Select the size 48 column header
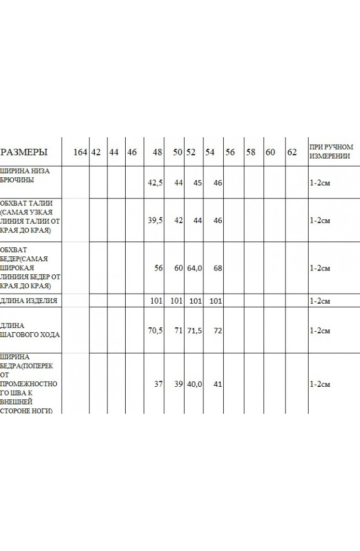click(x=158, y=152)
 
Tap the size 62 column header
click(x=292, y=152)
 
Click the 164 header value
click(x=80, y=152)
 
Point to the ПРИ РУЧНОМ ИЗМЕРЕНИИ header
click(x=331, y=152)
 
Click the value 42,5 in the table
click(x=156, y=182)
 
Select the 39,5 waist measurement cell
click(x=156, y=220)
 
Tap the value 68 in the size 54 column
click(x=217, y=268)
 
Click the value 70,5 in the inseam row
click(x=156, y=331)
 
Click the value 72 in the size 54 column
click(x=217, y=331)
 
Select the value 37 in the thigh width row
click(x=158, y=384)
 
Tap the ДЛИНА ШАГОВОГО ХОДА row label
click(x=30, y=329)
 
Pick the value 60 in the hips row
click(x=178, y=268)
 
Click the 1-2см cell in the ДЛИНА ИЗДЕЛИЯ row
click(x=320, y=301)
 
